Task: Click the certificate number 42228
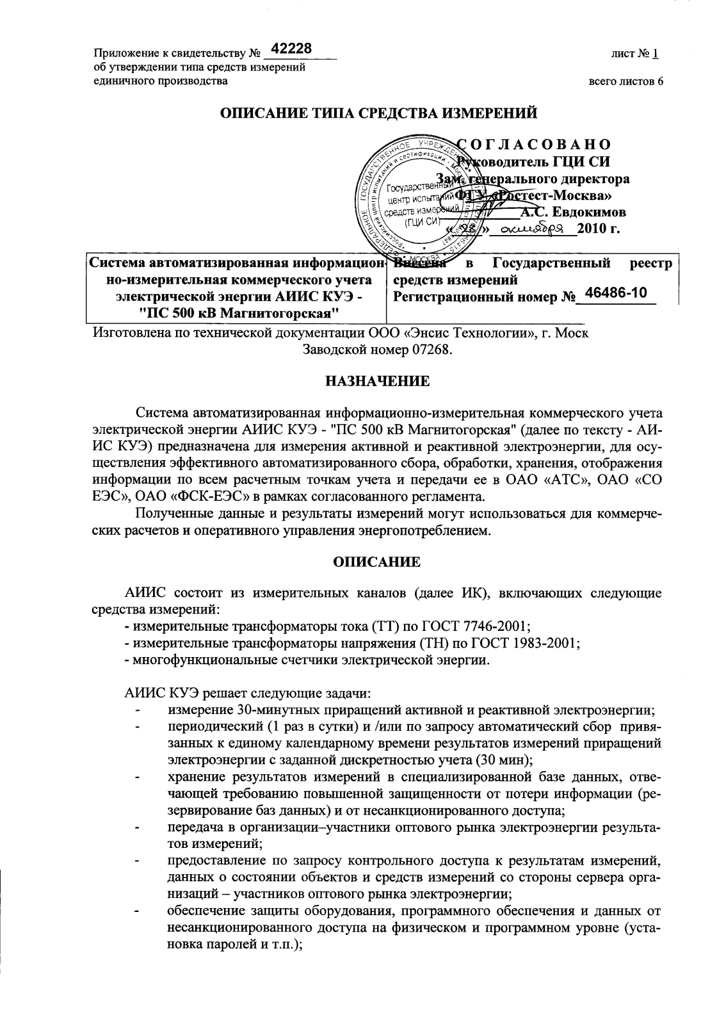(291, 49)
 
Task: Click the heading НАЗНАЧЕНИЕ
(378, 382)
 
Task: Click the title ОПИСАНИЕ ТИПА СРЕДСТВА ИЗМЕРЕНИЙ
(378, 113)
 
